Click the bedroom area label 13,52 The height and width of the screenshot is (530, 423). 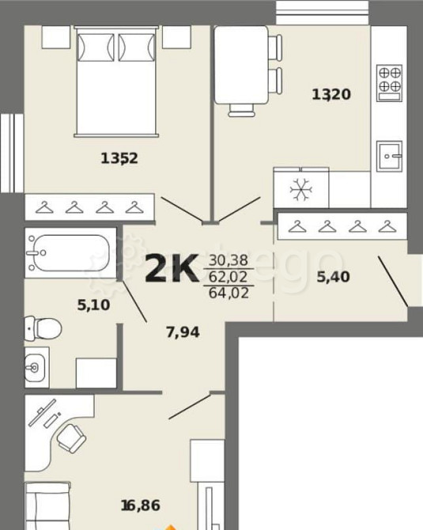pos(119,158)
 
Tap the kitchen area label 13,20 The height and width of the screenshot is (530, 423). pos(331,94)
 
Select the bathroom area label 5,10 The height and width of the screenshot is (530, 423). pos(93,305)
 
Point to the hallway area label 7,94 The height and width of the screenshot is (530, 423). pos(183,332)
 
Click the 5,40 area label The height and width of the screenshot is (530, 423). pos(333,277)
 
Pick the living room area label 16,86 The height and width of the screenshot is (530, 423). pos(141,505)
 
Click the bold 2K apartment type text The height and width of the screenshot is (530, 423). pos(172,268)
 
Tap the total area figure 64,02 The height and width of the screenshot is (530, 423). pos(228,293)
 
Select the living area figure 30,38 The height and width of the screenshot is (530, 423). pos(228,260)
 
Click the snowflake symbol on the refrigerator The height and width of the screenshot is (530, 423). pos(301,189)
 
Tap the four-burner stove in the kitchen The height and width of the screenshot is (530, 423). pos(390,83)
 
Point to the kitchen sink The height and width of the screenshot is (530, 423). pos(390,156)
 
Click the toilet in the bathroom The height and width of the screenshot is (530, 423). pos(43,328)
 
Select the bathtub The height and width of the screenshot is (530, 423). pos(70,253)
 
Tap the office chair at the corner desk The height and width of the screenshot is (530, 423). pos(71,438)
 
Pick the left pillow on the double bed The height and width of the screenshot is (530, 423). pos(96,47)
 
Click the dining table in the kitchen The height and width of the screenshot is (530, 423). pos(242,65)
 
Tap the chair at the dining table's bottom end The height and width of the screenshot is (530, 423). pos(242,110)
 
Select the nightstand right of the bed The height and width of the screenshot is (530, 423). pos(176,37)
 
